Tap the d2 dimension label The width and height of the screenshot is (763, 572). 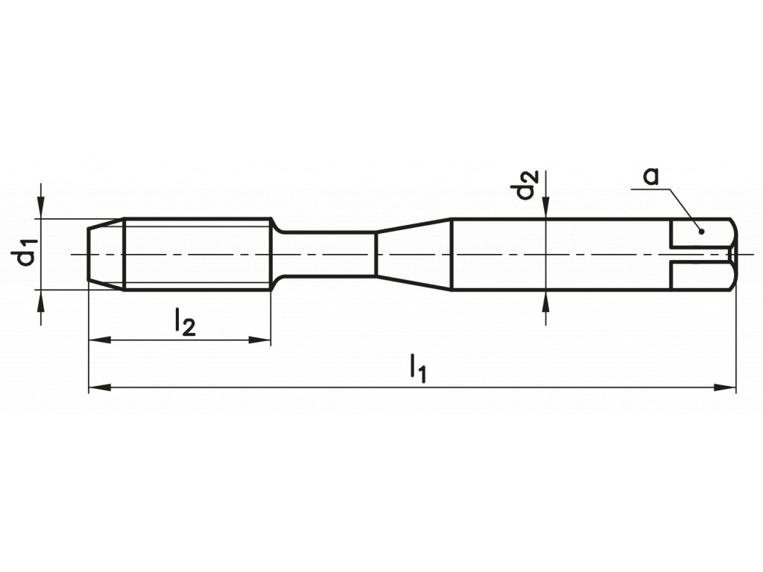tap(527, 185)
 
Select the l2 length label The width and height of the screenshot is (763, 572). tap(185, 322)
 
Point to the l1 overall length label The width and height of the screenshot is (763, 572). tap(417, 369)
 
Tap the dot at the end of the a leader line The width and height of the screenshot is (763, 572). tap(701, 231)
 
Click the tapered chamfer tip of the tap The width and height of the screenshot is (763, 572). tap(105, 254)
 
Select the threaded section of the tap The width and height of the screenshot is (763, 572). tap(197, 254)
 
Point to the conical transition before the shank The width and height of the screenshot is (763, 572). tap(414, 254)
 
